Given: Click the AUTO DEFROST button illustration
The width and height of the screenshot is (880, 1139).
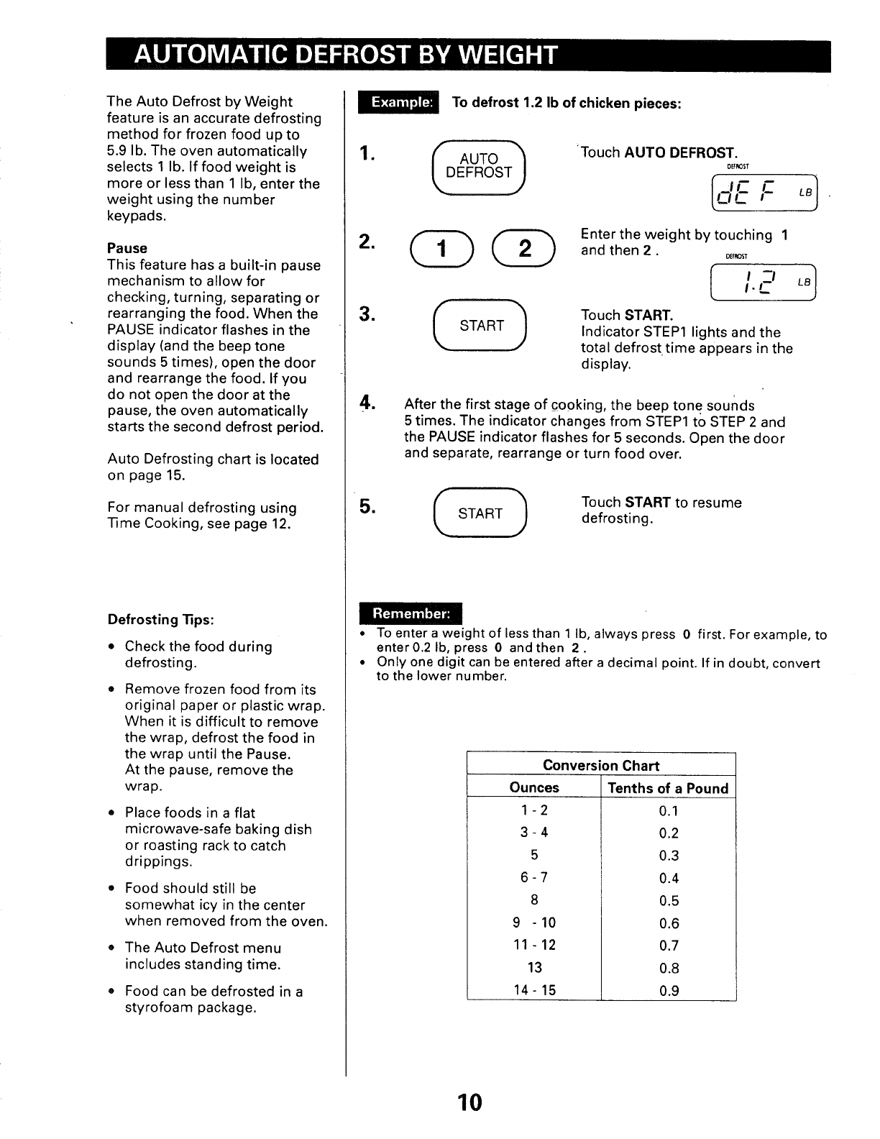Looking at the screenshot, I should [x=479, y=166].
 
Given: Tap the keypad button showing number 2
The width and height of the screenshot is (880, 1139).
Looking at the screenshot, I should [x=525, y=249].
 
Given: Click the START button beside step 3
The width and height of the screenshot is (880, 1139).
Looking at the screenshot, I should [x=480, y=326].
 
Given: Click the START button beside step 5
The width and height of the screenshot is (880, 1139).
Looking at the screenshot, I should [x=480, y=513].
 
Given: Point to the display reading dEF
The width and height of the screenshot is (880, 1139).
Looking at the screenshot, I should [x=764, y=192].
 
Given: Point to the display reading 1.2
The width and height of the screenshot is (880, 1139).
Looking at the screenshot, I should [x=764, y=283].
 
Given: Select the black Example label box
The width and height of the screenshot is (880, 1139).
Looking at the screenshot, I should [x=398, y=102].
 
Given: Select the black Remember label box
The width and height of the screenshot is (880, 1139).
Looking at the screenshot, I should [x=411, y=613].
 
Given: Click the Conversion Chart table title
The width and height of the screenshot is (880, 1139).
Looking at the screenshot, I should [x=601, y=765].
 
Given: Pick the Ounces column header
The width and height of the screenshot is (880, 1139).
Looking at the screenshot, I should [x=534, y=787].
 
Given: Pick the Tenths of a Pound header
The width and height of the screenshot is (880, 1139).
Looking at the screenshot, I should [x=668, y=788].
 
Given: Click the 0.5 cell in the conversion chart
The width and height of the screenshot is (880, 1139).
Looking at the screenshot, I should [x=669, y=901].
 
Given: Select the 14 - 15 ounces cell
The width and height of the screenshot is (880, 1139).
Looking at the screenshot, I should [x=534, y=990].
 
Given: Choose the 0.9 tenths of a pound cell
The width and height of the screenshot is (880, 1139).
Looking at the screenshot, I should [x=669, y=991].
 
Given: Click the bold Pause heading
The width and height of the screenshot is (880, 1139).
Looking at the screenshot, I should [x=127, y=248].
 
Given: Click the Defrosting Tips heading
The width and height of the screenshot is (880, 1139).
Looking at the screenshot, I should [x=161, y=619].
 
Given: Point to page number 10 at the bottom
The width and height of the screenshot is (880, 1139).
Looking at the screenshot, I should [x=469, y=1102].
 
